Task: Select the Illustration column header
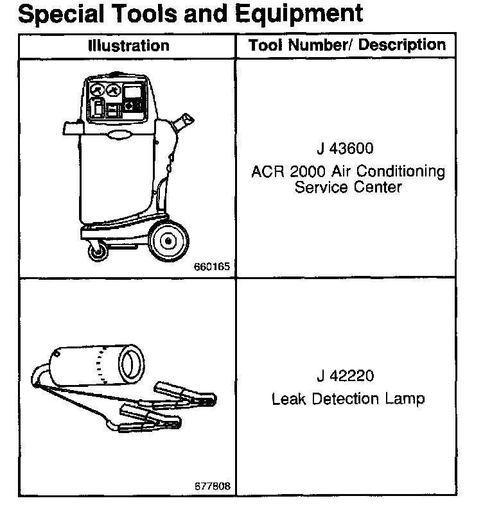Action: (x=128, y=46)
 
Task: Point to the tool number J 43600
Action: (x=345, y=149)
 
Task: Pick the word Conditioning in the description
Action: (x=410, y=172)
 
